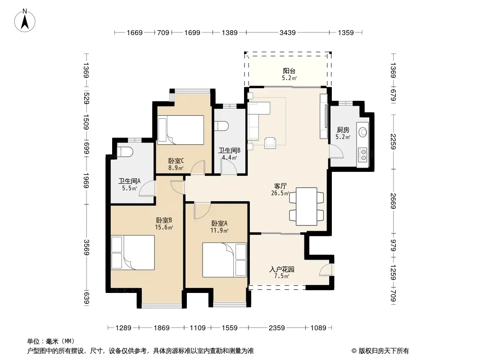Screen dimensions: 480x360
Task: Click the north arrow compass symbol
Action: tap(25, 21)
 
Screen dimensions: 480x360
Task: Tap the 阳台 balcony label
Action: tap(289, 71)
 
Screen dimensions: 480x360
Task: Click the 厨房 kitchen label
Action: tap(343, 130)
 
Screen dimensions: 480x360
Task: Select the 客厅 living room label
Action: tap(280, 186)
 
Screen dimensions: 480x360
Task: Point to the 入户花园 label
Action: tap(281, 270)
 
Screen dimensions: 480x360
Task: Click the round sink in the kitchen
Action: tap(363, 132)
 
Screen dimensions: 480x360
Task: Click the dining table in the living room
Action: tap(307, 207)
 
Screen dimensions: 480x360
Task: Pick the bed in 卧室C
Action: tap(181, 130)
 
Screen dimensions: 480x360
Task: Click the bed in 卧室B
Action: tap(133, 252)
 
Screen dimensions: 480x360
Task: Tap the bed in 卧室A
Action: tap(224, 260)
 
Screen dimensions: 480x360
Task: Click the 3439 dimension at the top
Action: tap(287, 32)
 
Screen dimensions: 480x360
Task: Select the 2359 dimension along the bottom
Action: tap(277, 328)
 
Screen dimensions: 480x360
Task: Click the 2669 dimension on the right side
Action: tap(394, 201)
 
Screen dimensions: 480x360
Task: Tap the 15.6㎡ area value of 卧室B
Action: tap(164, 227)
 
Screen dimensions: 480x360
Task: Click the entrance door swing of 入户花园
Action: tap(326, 269)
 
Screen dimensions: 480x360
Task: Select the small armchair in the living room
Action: tap(270, 143)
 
